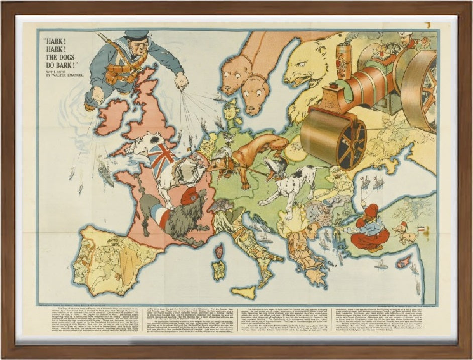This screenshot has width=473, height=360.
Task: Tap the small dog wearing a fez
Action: click(x=405, y=232)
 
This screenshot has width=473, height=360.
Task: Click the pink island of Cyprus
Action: click(x=404, y=262)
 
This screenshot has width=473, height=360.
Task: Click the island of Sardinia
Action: click(x=218, y=270)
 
